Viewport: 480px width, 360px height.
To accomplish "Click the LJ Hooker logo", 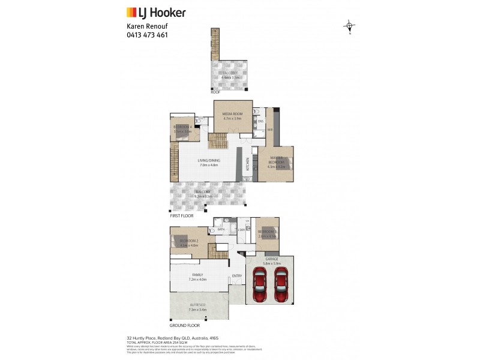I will (155, 12).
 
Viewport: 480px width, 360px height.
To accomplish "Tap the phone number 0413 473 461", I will (147, 35).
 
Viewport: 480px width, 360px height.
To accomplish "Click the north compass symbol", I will (349, 26).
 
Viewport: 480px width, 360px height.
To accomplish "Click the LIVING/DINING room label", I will (210, 160).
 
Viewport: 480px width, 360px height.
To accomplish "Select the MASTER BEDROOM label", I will (276, 160).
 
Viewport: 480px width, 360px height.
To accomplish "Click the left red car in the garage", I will (260, 285).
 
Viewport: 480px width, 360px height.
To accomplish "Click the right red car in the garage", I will (280, 285).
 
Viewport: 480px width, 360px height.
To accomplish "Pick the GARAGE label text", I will (272, 259).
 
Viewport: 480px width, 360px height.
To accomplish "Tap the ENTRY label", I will (236, 276).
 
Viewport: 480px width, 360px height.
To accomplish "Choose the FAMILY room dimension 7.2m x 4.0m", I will (197, 279).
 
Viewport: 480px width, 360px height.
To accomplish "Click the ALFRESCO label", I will (197, 305).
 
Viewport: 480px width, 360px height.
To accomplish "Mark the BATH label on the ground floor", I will (221, 229).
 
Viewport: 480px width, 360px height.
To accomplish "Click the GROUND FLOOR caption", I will (184, 325).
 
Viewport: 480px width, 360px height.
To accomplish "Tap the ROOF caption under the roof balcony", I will (215, 92).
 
